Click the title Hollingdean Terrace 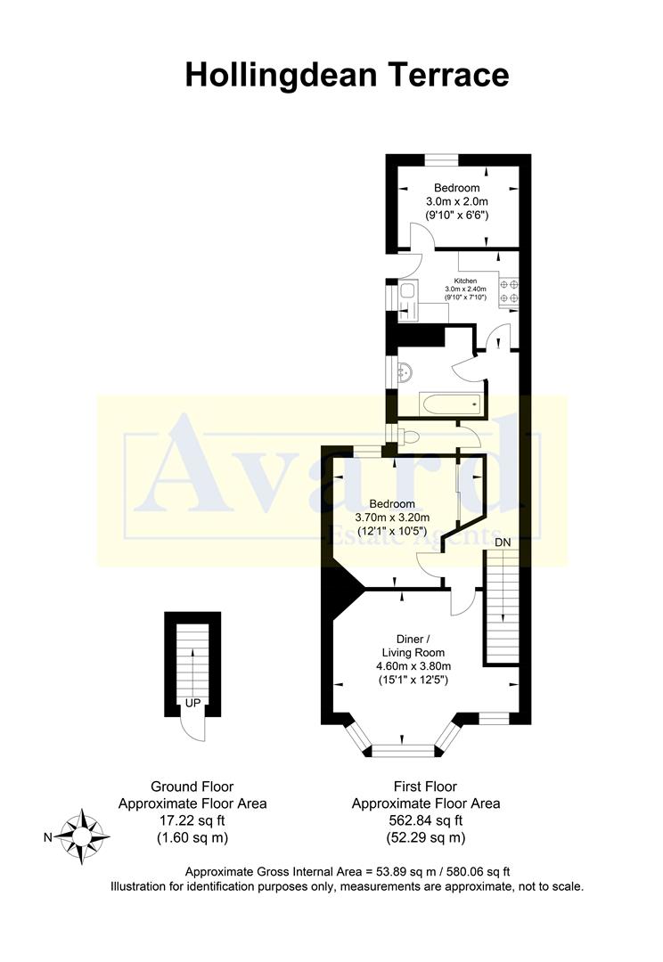tap(347, 75)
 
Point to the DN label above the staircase tap(503, 542)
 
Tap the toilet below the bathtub tap(408, 436)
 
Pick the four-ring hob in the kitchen tap(510, 292)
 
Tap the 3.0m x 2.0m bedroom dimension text tap(456, 202)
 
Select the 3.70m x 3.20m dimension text tap(393, 518)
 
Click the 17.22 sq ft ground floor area tap(192, 820)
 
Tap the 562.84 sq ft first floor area tap(425, 820)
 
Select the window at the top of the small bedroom tap(441, 159)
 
